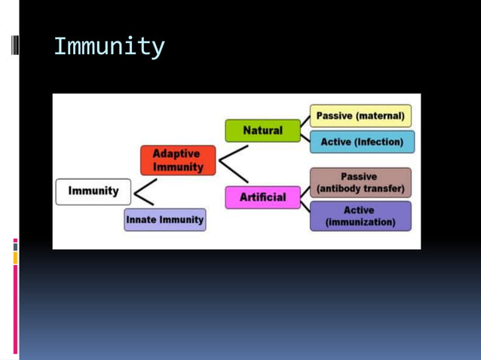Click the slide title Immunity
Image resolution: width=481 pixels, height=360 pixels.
click(109, 47)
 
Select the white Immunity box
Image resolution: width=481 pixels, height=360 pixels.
click(93, 191)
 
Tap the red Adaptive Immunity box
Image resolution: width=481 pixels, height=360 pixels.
click(177, 160)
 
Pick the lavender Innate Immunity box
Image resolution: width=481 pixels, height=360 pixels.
click(164, 220)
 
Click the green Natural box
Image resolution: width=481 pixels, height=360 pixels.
click(262, 131)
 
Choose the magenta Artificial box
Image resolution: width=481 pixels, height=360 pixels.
click(262, 197)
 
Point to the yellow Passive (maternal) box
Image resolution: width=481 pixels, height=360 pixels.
click(360, 116)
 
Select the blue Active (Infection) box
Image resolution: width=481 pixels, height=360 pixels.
click(362, 142)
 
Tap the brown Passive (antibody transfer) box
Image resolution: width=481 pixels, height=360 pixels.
click(360, 183)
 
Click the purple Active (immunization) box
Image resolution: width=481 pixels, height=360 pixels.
click(360, 216)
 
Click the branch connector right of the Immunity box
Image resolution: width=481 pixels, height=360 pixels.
click(144, 192)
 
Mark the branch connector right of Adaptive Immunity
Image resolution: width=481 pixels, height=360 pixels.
click(233, 163)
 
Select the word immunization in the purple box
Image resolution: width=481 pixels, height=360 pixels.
click(360, 222)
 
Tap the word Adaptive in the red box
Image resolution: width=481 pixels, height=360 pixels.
click(176, 154)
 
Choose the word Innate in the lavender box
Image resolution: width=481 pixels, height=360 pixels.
click(141, 220)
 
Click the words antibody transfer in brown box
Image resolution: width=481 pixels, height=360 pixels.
click(360, 189)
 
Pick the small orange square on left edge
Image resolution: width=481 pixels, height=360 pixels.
click(15, 258)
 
